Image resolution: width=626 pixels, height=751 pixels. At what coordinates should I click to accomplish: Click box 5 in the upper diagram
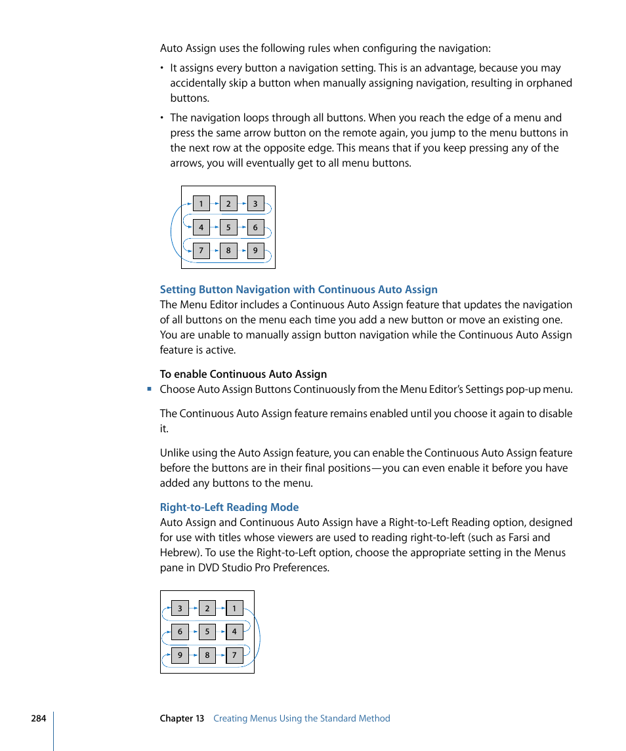pos(228,228)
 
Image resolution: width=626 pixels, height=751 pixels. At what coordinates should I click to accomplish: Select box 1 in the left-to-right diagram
pos(201,203)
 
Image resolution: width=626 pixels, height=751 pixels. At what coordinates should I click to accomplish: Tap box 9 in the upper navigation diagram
pos(255,251)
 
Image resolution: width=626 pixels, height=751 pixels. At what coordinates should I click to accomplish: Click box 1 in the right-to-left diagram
pos(234,609)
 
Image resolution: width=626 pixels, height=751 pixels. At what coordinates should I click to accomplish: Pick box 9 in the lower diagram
pos(180,655)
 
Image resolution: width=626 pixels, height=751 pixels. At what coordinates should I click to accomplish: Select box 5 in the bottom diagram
pos(207,632)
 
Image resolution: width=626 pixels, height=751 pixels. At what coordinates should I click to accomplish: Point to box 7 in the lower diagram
pos(234,655)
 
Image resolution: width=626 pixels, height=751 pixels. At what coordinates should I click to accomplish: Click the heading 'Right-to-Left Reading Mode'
pos(229,507)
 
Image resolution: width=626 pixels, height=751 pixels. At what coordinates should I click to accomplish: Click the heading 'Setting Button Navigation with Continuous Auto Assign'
pos(299,289)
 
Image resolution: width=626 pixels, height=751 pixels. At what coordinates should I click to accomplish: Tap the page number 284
pos(38,718)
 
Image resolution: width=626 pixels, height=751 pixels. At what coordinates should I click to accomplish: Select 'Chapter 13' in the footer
pos(182,718)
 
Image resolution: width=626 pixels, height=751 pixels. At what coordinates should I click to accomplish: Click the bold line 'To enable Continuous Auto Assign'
pos(243,374)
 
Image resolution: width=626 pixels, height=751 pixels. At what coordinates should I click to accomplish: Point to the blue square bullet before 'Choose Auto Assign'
pos(150,389)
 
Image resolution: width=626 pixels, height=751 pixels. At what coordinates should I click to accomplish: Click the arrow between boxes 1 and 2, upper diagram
pos(215,203)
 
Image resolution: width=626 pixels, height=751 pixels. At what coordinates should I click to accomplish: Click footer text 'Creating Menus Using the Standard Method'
pos(302,718)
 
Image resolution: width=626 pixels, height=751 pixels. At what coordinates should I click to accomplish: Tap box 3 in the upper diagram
pos(255,203)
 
